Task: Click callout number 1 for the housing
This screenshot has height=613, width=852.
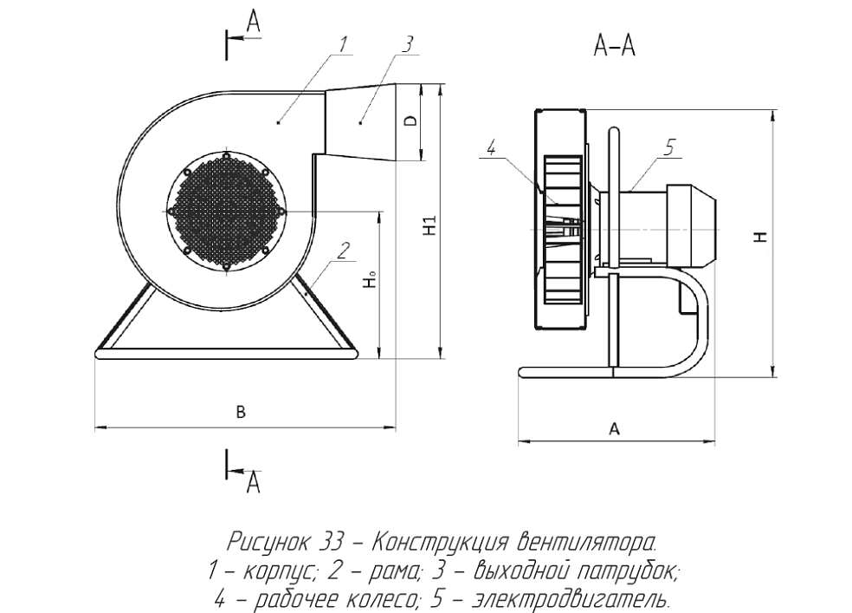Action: point(342,44)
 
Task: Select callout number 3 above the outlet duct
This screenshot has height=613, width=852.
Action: point(408,44)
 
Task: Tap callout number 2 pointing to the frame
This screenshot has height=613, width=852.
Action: point(343,251)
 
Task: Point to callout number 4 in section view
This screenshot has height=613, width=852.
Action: point(491,147)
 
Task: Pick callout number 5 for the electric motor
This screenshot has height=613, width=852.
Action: point(669,147)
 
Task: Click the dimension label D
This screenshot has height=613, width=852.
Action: point(411,121)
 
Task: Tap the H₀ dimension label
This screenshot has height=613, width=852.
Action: point(371,279)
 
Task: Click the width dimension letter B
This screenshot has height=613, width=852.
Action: point(241,413)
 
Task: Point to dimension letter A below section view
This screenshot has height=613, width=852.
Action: point(614,429)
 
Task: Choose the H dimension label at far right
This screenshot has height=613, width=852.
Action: point(762,237)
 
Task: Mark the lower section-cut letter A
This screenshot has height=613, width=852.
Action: point(253,482)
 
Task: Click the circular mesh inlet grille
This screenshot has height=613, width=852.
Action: point(225,211)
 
